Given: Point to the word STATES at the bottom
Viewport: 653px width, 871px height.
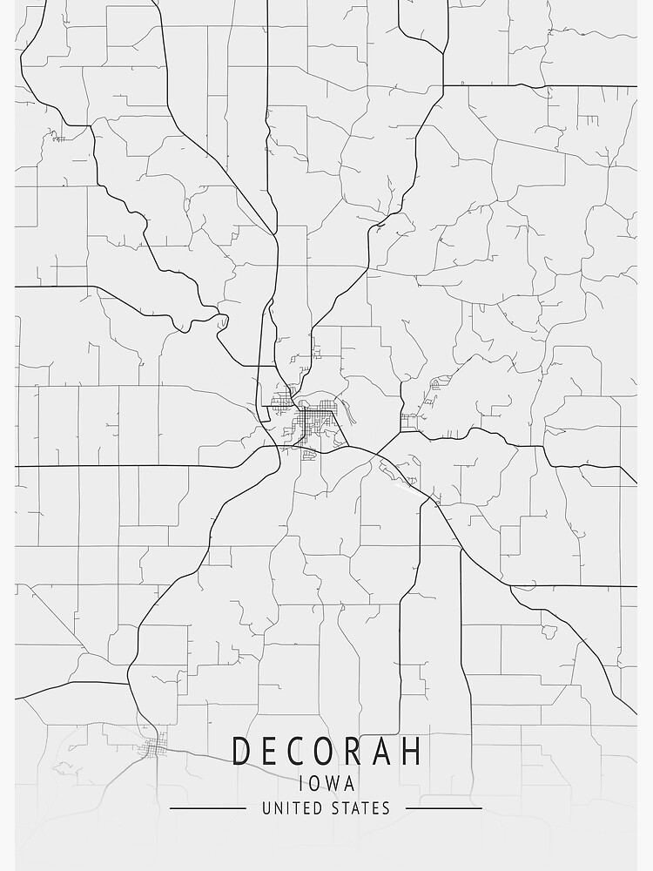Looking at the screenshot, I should click(x=360, y=808).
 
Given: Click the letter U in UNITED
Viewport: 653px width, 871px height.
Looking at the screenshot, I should click(x=266, y=808).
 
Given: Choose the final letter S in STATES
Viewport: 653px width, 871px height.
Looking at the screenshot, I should click(x=386, y=808).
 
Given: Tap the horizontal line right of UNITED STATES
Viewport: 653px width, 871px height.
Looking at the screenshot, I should click(x=444, y=808).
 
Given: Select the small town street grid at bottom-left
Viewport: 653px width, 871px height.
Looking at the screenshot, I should click(x=157, y=746).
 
